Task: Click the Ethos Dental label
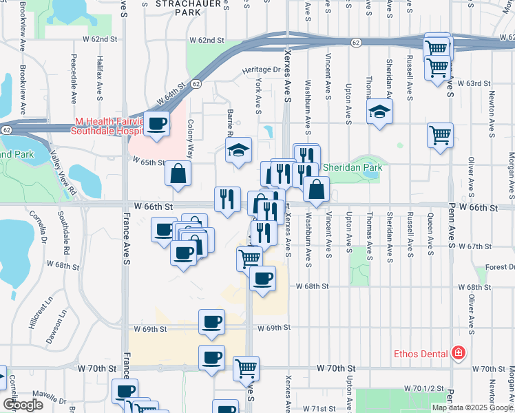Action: click(x=421, y=354)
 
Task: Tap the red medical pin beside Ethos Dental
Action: click(x=458, y=354)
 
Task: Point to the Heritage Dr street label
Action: click(x=262, y=70)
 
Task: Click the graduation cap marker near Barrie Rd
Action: click(x=238, y=151)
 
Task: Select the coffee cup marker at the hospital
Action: click(x=157, y=125)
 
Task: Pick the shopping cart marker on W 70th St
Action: click(x=246, y=369)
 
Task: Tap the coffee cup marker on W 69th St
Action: click(x=211, y=322)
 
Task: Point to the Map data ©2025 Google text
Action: click(x=472, y=407)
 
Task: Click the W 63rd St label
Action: click(x=472, y=83)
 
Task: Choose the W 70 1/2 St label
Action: click(x=421, y=389)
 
